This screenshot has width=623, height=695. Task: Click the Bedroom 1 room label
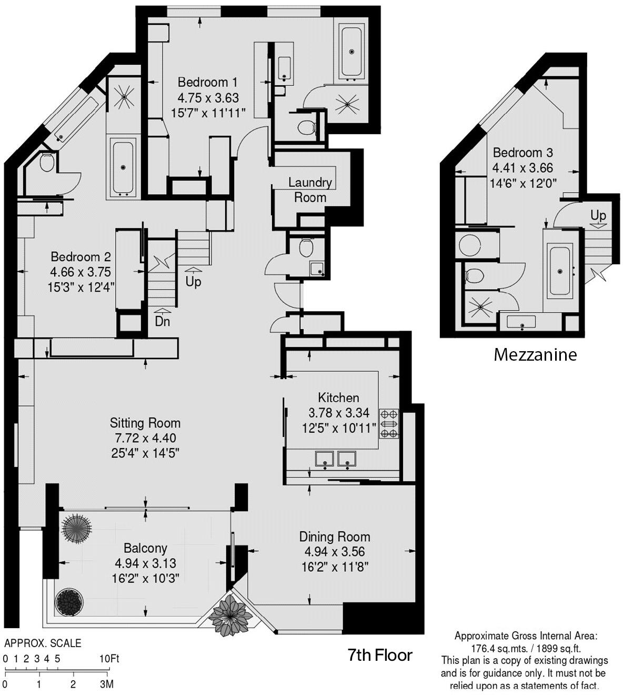click(x=207, y=82)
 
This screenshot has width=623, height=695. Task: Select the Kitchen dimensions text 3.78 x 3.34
click(x=338, y=413)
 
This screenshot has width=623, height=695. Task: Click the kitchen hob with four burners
click(x=389, y=423)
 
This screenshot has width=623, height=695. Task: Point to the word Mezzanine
click(x=535, y=355)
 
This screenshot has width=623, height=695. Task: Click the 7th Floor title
click(x=380, y=656)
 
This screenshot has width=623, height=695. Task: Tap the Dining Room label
click(x=335, y=537)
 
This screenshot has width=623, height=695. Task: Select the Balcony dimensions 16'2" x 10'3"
click(x=145, y=578)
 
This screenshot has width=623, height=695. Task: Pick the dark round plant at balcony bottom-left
click(x=69, y=602)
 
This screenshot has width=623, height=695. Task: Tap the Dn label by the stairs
click(x=162, y=321)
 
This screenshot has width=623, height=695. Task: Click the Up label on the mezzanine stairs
click(x=598, y=215)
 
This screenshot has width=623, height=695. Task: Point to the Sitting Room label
click(x=145, y=423)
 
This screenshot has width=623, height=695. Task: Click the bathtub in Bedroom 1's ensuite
click(x=352, y=52)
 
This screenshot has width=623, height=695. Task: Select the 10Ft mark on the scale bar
click(x=109, y=659)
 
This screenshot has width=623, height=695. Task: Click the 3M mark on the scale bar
click(x=107, y=684)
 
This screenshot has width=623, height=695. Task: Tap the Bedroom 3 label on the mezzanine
click(x=522, y=153)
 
